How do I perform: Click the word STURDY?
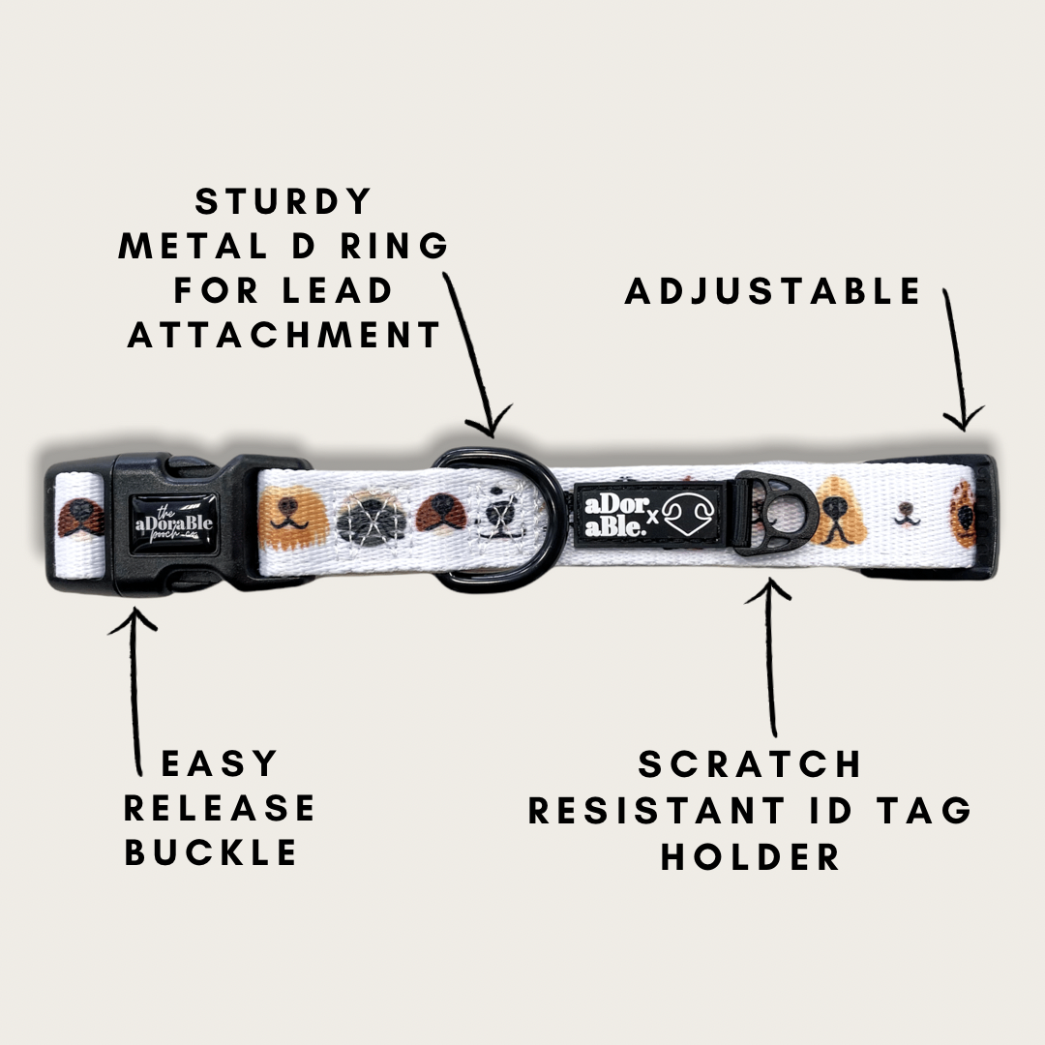pyautogui.click(x=284, y=201)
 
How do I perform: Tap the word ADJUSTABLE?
pyautogui.click(x=773, y=291)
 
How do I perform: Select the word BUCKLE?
pyautogui.click(x=211, y=852)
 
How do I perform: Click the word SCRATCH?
pyautogui.click(x=750, y=763)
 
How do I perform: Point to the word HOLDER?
pyautogui.click(x=750, y=857)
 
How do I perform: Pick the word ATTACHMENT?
pyautogui.click(x=284, y=335)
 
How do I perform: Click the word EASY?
pyautogui.click(x=220, y=763)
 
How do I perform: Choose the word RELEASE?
pyautogui.click(x=220, y=808)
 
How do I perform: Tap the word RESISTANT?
pyautogui.click(x=656, y=811)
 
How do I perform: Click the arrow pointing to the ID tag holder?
pyautogui.click(x=770, y=656)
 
